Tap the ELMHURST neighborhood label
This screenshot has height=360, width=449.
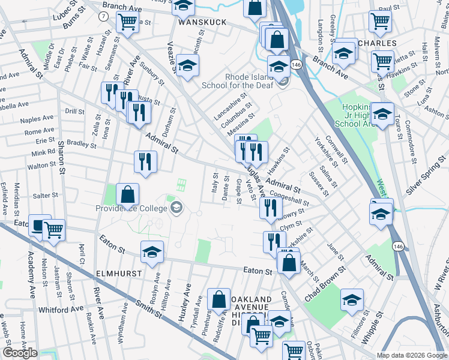(x=119, y=273)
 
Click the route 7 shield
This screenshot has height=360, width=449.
(x=104, y=17)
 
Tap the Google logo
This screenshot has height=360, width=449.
(x=20, y=353)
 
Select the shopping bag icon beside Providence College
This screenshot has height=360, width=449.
(x=128, y=194)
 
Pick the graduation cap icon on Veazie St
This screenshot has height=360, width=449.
(x=187, y=65)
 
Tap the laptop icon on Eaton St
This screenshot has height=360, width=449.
(x=39, y=226)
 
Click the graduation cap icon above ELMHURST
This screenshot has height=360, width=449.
(x=152, y=252)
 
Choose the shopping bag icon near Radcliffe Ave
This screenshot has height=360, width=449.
(x=218, y=299)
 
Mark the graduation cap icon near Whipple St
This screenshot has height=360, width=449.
(x=352, y=300)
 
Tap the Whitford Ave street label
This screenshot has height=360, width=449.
(x=61, y=310)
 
